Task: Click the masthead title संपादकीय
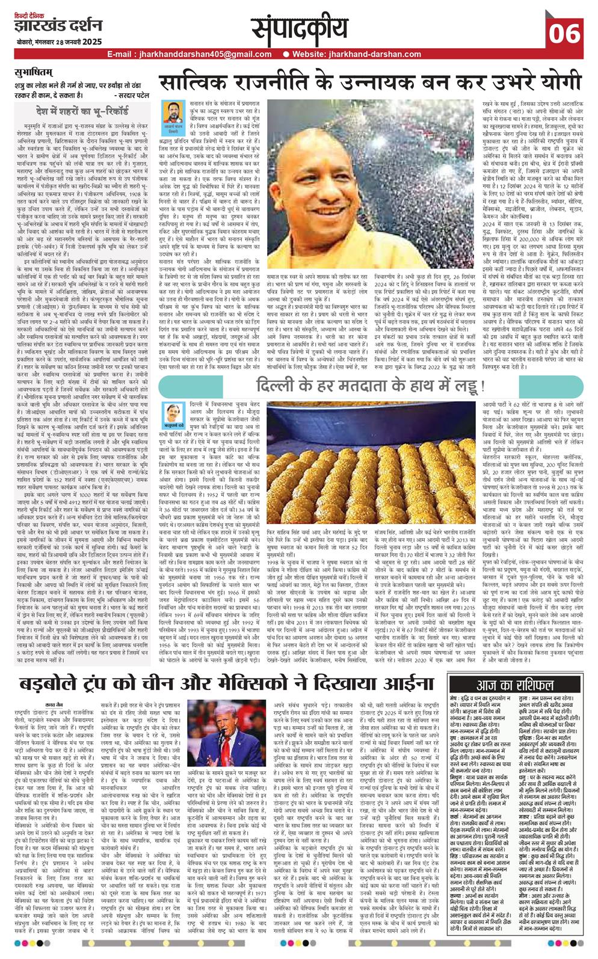[x=299, y=28]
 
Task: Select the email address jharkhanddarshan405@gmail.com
[x=186, y=54]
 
